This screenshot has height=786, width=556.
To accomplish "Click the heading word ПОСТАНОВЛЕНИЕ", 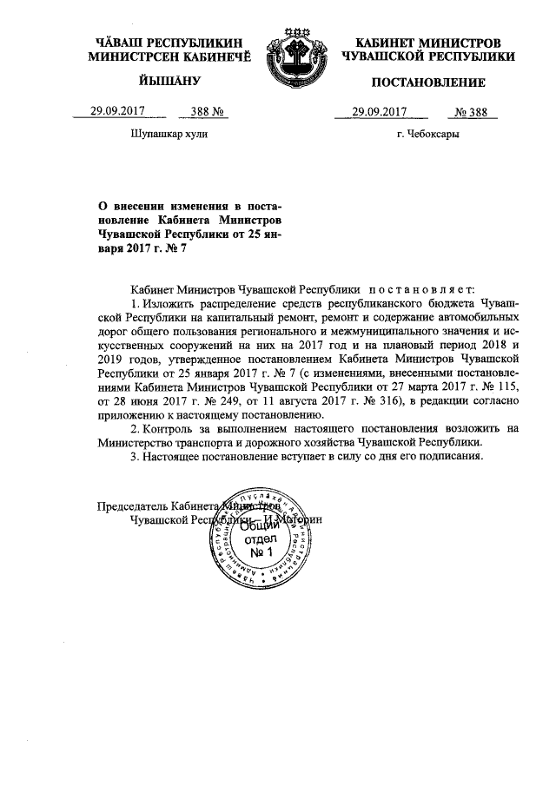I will [x=428, y=83].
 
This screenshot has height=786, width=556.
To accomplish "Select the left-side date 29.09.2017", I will [x=117, y=111].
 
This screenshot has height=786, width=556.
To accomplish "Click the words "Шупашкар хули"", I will [x=169, y=135].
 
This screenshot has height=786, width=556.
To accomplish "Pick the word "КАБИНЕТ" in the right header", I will [x=390, y=42].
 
